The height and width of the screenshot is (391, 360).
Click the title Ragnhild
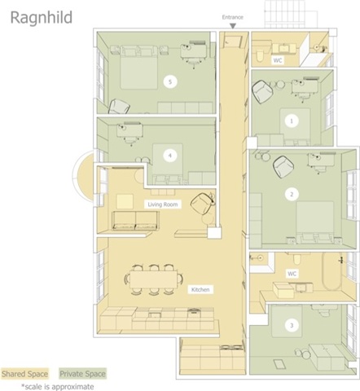pos(42,18)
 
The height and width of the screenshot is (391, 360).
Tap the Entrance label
pos(233,17)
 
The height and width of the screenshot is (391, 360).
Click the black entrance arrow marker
pos(233,26)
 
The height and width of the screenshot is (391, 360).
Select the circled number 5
pos(170,81)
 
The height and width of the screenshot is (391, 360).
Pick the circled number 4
pos(170,156)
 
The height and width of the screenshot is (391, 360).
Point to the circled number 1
pos(292,121)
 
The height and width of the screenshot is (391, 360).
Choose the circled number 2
pos(292,194)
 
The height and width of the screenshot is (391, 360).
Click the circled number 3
pos(292,325)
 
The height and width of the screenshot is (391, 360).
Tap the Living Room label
pos(163,204)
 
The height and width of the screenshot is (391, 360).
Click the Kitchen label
pos(200,289)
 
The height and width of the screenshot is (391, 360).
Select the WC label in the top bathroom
pos(278,60)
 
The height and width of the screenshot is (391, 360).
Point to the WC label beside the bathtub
pos(292,274)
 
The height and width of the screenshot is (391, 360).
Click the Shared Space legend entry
pos(24,374)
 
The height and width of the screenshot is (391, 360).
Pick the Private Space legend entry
pos(82,374)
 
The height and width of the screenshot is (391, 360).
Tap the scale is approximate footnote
pos(58,386)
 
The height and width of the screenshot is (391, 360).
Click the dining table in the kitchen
pos(154,279)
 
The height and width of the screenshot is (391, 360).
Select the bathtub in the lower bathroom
pos(331,271)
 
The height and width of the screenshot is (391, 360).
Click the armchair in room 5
pos(119,107)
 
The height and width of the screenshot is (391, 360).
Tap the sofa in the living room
pos(135,221)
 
